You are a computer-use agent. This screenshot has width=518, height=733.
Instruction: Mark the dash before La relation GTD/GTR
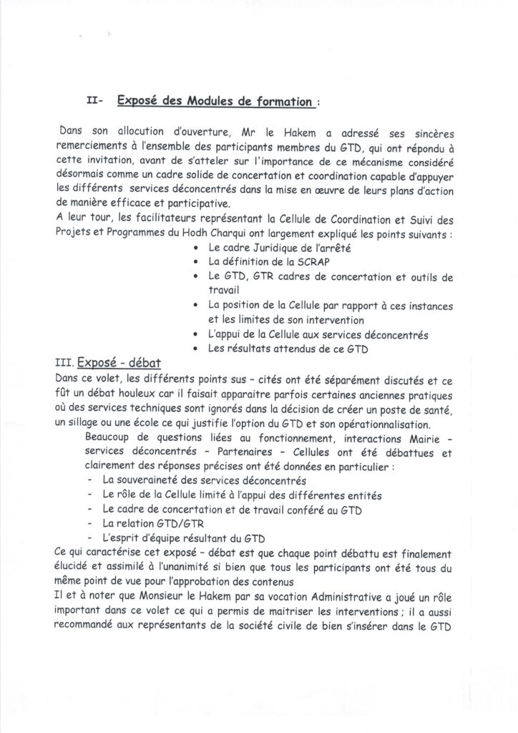pos(88,524)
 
